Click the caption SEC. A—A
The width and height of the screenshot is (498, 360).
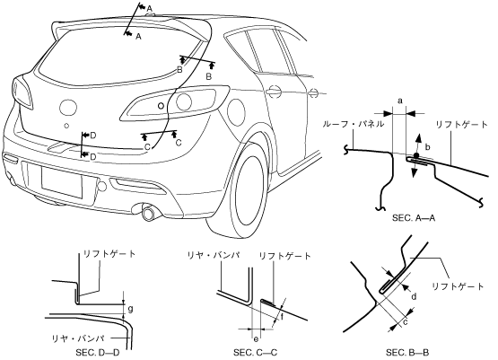point(414,218)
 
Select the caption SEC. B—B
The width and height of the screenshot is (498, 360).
point(407,353)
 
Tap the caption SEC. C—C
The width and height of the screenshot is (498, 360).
point(256,353)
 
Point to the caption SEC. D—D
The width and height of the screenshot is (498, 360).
point(98,353)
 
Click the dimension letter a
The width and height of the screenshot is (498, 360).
point(400,101)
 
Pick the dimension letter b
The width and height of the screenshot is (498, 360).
point(427,147)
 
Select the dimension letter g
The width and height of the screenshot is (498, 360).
point(130,309)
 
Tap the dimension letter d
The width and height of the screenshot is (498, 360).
point(414,297)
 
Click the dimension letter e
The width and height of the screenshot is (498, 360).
point(256,339)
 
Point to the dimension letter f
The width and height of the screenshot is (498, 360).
point(282,317)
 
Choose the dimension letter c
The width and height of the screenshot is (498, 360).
point(406,322)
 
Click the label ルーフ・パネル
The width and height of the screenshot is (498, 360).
point(353,124)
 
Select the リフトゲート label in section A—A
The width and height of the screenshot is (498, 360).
point(461,125)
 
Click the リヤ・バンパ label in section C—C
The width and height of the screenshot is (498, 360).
point(214,255)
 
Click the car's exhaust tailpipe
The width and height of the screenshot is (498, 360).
point(148,213)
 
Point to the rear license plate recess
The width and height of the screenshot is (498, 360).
point(62,181)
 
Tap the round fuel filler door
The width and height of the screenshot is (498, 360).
point(236,112)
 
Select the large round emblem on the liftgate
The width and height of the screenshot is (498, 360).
point(68,107)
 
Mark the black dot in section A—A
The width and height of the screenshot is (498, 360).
point(416,155)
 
